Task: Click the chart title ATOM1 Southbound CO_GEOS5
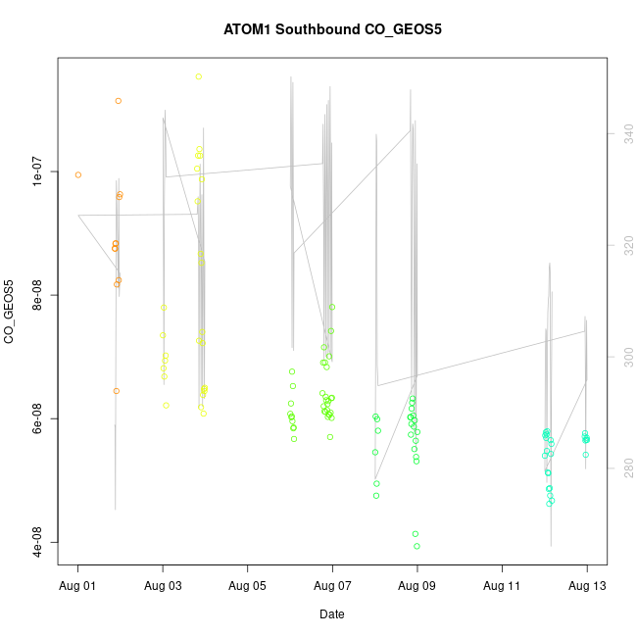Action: point(332,29)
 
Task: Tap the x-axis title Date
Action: point(331,614)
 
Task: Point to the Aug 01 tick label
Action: point(78,585)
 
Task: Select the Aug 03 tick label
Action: point(163,585)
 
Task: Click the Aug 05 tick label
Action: point(248,585)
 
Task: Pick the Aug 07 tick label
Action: point(332,585)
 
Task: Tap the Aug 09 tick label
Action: point(417,585)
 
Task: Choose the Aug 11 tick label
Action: point(503,585)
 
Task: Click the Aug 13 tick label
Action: point(587,585)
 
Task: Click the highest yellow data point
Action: point(199,76)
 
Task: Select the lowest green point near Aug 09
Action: point(416,546)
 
